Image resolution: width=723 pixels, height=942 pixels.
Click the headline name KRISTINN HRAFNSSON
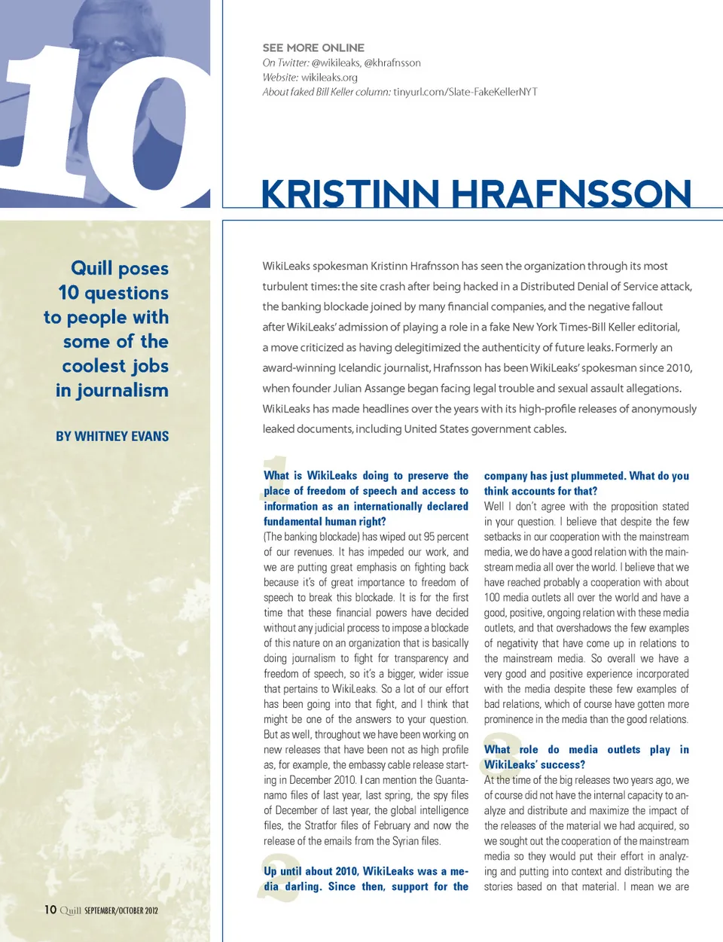coord(475,194)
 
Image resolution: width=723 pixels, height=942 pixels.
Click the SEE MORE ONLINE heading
coord(313,47)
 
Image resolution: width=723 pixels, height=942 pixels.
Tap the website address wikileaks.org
coord(329,78)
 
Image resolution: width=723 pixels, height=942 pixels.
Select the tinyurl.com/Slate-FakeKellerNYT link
coord(465,92)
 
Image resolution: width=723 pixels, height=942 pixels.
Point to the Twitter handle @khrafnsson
coord(392,63)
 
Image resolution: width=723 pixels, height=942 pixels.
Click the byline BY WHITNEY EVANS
coord(112,436)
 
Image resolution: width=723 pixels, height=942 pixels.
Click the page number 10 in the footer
coord(50,910)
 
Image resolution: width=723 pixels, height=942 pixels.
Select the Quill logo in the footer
coord(70,910)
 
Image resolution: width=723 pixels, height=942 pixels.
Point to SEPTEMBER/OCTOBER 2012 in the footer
coord(121,910)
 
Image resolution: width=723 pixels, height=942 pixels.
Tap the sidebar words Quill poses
coord(120,268)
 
